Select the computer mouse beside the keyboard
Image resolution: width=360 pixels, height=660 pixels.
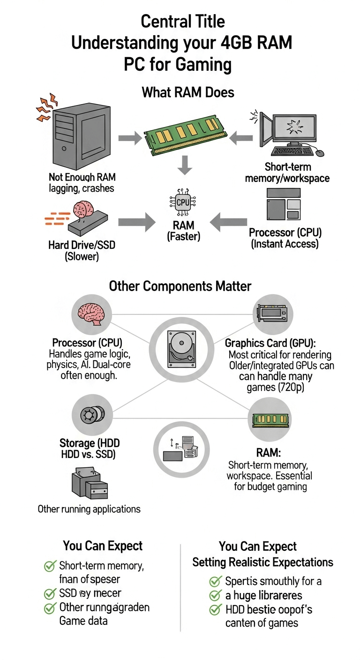(x=320, y=152)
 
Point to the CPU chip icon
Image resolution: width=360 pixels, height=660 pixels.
(x=183, y=202)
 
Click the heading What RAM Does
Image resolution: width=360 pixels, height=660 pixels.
(x=188, y=92)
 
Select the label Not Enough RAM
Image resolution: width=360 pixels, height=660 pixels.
(x=82, y=178)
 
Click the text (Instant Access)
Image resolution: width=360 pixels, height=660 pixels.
(x=285, y=244)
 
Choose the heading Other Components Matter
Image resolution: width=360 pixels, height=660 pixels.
(x=180, y=286)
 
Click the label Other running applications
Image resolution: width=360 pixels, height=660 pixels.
(x=89, y=509)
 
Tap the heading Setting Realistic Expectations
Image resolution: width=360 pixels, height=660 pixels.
(x=262, y=562)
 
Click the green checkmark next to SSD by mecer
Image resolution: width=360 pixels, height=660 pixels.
(x=50, y=594)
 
